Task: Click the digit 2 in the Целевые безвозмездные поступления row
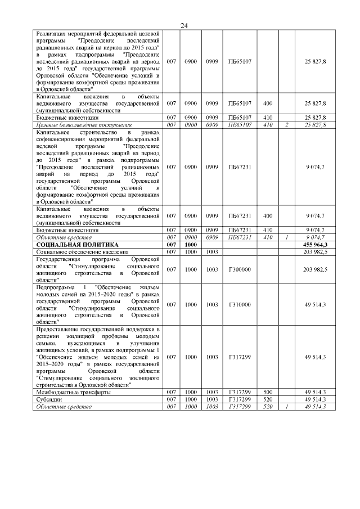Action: [x=286, y=124]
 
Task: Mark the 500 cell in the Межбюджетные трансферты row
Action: [x=267, y=392]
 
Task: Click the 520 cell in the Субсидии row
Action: [x=267, y=399]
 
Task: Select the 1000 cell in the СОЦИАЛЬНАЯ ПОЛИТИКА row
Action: [x=191, y=245]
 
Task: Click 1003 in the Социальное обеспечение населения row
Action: [x=211, y=253]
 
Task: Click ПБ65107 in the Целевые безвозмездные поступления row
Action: [x=239, y=124]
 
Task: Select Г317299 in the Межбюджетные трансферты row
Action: [x=239, y=392]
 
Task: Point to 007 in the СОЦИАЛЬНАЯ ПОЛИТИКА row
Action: [x=172, y=245]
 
